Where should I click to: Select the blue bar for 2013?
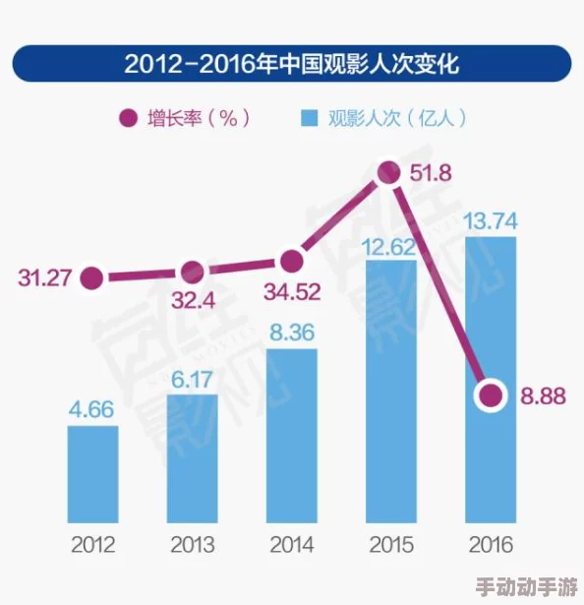[193, 454]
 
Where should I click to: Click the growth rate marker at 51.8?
[389, 174]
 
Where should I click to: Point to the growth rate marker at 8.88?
[489, 396]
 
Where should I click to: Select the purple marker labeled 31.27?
[93, 278]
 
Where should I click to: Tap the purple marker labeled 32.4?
[193, 271]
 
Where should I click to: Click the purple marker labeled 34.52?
[291, 261]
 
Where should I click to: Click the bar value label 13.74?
[490, 221]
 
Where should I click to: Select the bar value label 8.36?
[291, 333]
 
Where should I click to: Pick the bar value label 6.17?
[193, 379]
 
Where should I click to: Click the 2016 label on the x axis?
[490, 544]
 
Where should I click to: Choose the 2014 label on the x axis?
[291, 544]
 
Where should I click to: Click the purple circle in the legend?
[128, 119]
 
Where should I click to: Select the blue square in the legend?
[308, 119]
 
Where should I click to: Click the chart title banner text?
[292, 65]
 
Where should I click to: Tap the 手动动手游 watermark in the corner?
[527, 584]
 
